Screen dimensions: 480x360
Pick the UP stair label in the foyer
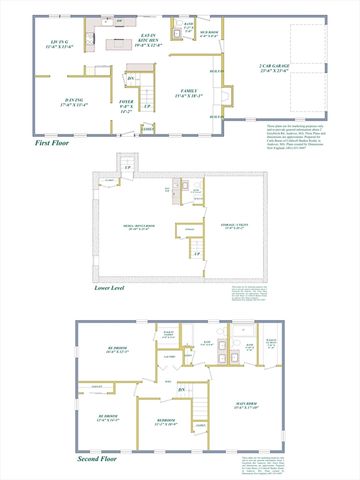pos(148,106)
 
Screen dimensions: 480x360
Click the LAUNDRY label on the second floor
pos(169,355)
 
